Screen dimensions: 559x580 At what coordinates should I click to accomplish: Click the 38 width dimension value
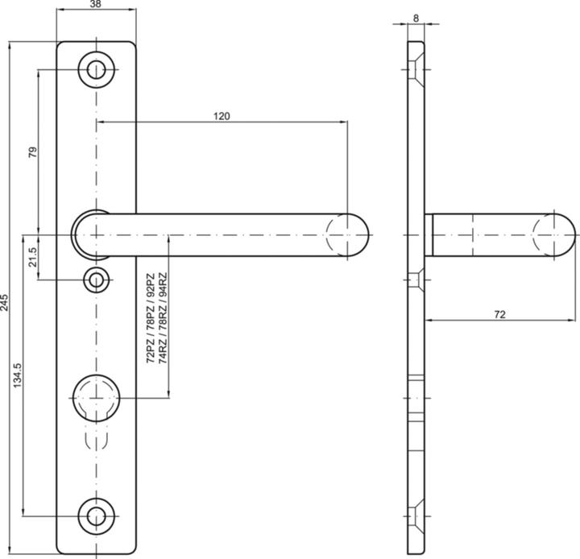(x=96, y=6)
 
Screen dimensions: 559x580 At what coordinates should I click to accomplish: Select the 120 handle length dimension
(x=222, y=116)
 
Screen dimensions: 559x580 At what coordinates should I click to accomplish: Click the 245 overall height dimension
(x=6, y=302)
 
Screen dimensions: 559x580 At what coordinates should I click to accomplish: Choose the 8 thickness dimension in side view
(x=415, y=17)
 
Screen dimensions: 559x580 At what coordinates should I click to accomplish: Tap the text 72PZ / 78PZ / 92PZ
(x=151, y=331)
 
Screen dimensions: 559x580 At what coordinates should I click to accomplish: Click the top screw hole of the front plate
(x=97, y=69)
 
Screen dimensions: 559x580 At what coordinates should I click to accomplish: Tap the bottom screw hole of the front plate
(x=97, y=516)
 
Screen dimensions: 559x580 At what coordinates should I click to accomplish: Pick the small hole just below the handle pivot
(x=97, y=280)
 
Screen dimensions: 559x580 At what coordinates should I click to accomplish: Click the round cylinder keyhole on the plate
(x=97, y=396)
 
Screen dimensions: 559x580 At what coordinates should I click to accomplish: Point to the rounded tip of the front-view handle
(x=351, y=235)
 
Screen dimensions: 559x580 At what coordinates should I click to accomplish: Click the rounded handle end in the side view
(x=556, y=235)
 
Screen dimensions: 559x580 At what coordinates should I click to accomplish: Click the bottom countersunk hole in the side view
(x=414, y=516)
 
